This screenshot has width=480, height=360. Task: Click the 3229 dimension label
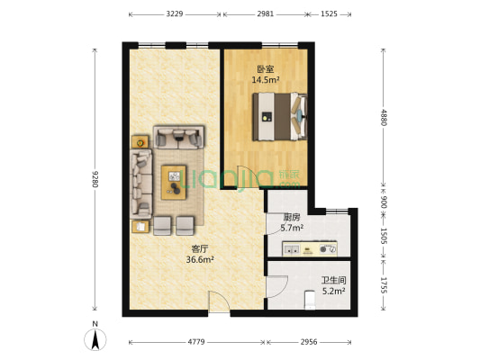pyautogui.click(x=175, y=14)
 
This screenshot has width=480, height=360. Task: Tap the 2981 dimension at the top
pyautogui.click(x=266, y=14)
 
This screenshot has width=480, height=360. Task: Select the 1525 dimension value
pyautogui.click(x=329, y=14)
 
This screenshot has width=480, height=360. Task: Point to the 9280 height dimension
pyautogui.click(x=95, y=179)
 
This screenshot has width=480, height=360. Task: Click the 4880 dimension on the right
pyautogui.click(x=384, y=117)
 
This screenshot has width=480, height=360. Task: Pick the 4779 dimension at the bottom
pyautogui.click(x=196, y=342)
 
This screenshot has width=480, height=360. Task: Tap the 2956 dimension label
pyautogui.click(x=309, y=342)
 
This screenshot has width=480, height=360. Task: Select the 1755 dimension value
pyautogui.click(x=384, y=284)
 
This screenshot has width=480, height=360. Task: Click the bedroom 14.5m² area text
pyautogui.click(x=266, y=80)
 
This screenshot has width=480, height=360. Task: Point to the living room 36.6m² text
pyautogui.click(x=200, y=260)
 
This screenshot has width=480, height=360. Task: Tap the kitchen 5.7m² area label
pyautogui.click(x=292, y=228)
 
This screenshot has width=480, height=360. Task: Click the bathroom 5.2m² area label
pyautogui.click(x=334, y=291)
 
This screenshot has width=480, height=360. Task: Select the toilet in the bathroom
pyautogui.click(x=310, y=300)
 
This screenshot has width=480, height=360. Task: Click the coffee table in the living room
pyautogui.click(x=174, y=183)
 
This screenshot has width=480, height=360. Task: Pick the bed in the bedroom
pyautogui.click(x=279, y=117)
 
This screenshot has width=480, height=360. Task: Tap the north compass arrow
pyautogui.click(x=95, y=339)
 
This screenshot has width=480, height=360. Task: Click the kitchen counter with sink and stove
pyautogui.click(x=310, y=249)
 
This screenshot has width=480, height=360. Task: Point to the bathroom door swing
pyautogui.click(x=277, y=286)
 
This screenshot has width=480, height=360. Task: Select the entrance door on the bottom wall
pyautogui.click(x=219, y=302)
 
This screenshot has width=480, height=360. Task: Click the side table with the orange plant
pyautogui.click(x=140, y=142)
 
